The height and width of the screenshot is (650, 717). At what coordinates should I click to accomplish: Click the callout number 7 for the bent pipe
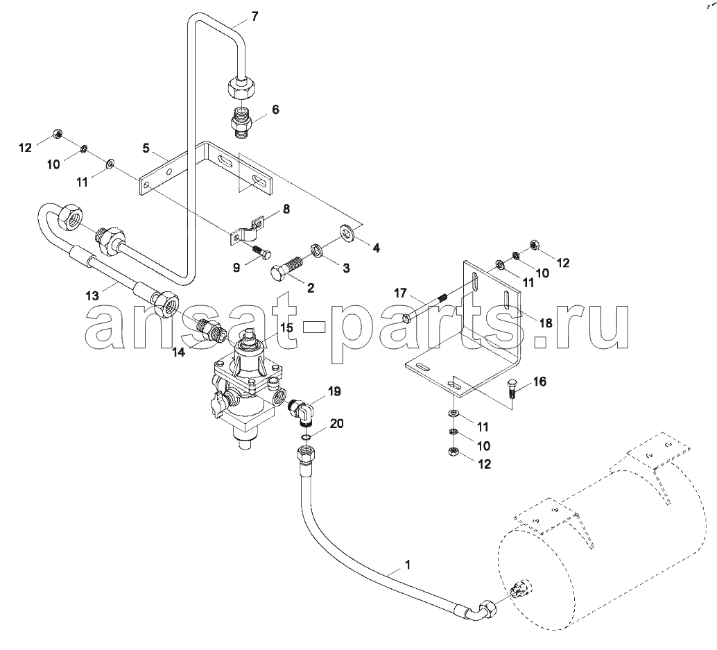tap(254, 17)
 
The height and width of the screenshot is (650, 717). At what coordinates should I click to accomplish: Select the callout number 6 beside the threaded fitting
tap(275, 110)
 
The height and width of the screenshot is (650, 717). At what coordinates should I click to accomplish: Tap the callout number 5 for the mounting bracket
tap(146, 148)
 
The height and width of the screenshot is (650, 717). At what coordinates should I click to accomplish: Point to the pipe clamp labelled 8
tap(246, 231)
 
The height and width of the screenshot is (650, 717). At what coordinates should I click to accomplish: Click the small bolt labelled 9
tap(261, 253)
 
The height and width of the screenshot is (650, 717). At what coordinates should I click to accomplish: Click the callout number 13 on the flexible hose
tap(92, 296)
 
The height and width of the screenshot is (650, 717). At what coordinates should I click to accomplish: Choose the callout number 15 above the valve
tap(286, 328)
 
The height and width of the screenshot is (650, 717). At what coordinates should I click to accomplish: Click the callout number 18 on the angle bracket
tap(546, 323)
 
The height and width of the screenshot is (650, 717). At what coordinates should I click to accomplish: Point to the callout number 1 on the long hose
tap(408, 565)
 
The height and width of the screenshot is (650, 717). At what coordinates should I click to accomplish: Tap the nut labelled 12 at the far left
tap(58, 133)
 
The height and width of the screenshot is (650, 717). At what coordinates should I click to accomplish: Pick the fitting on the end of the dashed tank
tap(520, 590)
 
